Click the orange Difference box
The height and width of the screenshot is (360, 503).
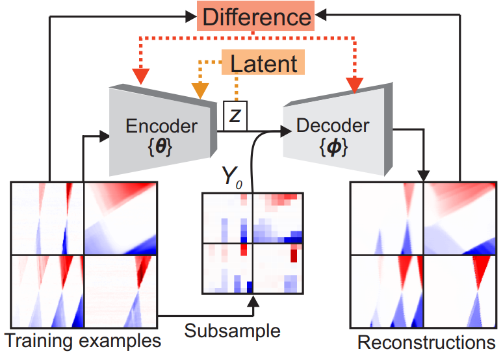click(257, 17)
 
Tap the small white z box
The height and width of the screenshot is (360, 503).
click(235, 114)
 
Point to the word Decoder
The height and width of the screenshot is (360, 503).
click(333, 125)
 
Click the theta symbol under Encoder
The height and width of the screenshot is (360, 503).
click(161, 148)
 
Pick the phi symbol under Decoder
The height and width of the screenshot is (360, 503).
click(333, 148)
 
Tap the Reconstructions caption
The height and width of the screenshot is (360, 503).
click(426, 342)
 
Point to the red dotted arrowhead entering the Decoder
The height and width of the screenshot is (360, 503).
click(354, 84)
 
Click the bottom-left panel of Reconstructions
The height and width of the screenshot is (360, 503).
click(387, 290)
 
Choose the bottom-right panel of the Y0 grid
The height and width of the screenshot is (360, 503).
click(277, 268)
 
